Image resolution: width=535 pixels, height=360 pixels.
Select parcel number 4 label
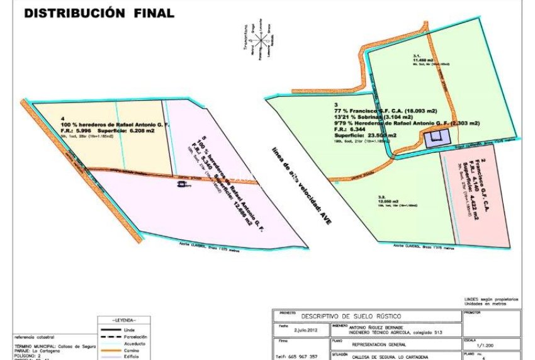click(62, 118)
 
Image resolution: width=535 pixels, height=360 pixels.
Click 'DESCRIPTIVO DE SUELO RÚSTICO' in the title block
click(351, 316)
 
